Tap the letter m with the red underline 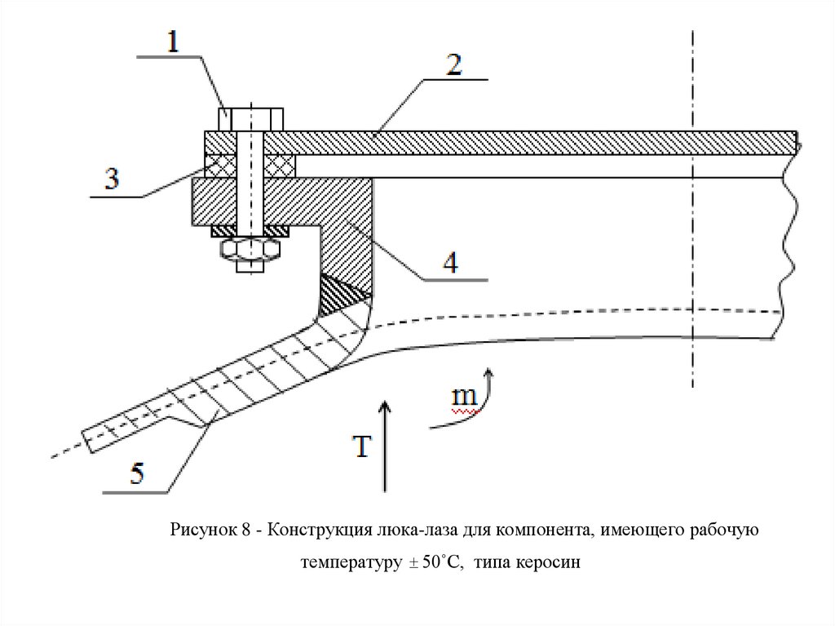point(465,397)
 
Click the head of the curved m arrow point(488,373)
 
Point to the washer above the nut point(250,232)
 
